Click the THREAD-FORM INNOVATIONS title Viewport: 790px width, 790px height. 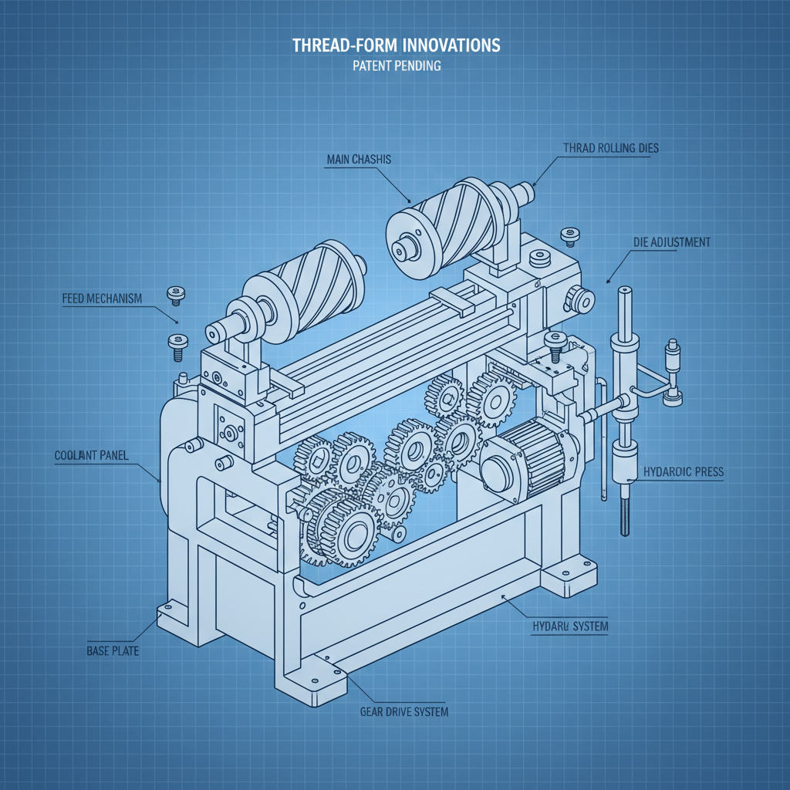point(396,46)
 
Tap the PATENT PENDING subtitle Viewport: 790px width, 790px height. point(396,66)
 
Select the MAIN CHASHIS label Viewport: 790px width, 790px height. point(360,160)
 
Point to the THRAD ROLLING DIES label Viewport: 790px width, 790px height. point(611,148)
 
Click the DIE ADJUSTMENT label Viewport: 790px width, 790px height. point(671,242)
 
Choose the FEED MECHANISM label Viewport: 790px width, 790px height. point(102,299)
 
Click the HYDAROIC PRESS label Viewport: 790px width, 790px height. point(683,471)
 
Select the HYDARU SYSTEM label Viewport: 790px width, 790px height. point(570,626)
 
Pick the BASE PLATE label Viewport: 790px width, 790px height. point(113,651)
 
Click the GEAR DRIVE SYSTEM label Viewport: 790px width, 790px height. point(404,711)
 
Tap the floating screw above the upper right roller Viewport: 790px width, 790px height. point(571,234)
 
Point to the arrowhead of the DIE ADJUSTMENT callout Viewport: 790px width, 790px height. point(610,281)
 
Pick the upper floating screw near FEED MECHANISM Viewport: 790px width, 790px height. point(176,295)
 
